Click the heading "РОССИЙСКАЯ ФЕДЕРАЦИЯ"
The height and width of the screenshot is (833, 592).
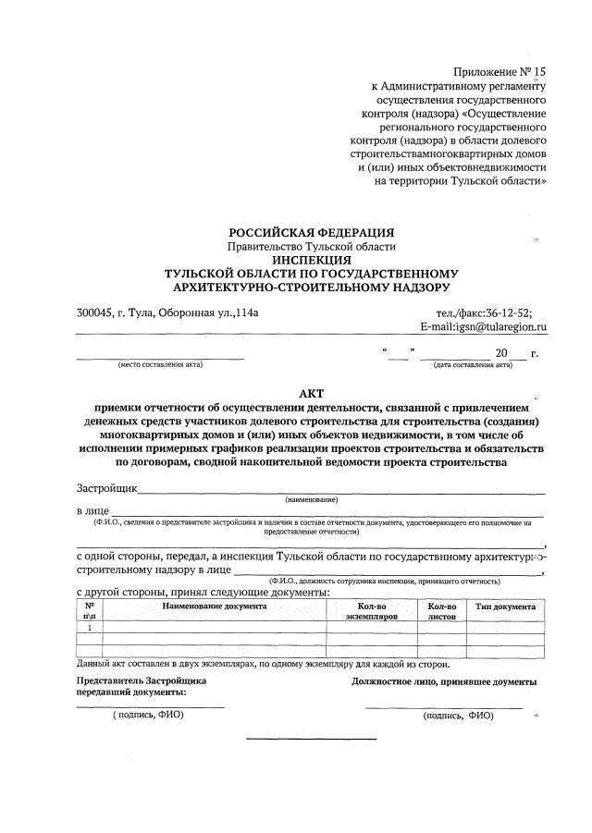click(x=312, y=232)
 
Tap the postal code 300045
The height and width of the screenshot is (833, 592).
click(x=96, y=312)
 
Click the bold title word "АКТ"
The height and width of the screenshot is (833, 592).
click(x=312, y=392)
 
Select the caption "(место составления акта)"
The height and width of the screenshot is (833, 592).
click(x=160, y=364)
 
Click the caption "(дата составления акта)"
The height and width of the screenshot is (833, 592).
click(x=473, y=364)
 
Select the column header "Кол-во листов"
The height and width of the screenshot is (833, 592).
click(x=442, y=611)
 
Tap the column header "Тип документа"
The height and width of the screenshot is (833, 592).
click(x=505, y=606)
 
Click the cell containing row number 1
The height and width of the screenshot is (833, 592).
click(x=90, y=627)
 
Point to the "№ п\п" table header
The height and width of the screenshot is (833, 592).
click(x=90, y=611)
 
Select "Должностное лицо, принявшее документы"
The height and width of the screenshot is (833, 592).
click(x=443, y=681)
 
